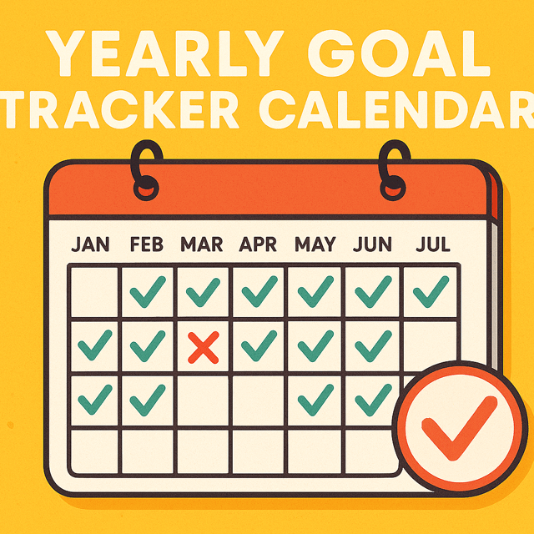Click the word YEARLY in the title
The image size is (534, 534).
164,53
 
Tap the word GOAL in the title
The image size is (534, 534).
399,53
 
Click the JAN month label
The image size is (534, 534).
90,244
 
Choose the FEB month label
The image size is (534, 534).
147,244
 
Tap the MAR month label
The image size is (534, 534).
202,244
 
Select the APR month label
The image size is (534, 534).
258,244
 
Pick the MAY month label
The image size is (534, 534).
315,244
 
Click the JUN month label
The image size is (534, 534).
372,244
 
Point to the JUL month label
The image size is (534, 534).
433,244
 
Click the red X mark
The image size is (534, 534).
204,347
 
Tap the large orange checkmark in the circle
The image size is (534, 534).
459,428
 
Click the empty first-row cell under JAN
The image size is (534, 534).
94,292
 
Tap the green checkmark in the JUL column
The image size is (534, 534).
431,291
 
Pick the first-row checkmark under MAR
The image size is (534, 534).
203,292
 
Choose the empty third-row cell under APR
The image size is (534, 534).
258,400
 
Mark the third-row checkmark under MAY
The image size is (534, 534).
315,400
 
